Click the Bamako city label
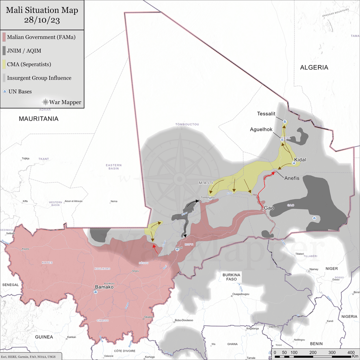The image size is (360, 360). (x=104, y=287)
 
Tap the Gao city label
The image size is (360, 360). (x=270, y=208)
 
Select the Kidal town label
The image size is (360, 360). (x=300, y=159)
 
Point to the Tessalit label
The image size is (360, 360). (x=266, y=113)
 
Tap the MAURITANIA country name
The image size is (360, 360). (x=39, y=118)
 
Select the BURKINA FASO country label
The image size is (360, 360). (x=231, y=276)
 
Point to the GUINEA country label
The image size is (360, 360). (x=44, y=337)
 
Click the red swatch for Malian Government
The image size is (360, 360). (x=4, y=37)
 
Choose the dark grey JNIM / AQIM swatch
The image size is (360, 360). (x=4, y=51)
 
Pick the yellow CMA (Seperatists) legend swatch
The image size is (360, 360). (x=4, y=64)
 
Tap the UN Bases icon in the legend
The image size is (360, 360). (x=4, y=92)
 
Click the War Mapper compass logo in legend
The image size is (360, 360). (x=46, y=102)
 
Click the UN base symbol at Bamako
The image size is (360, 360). (x=95, y=292)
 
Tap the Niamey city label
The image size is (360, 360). (x=314, y=269)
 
